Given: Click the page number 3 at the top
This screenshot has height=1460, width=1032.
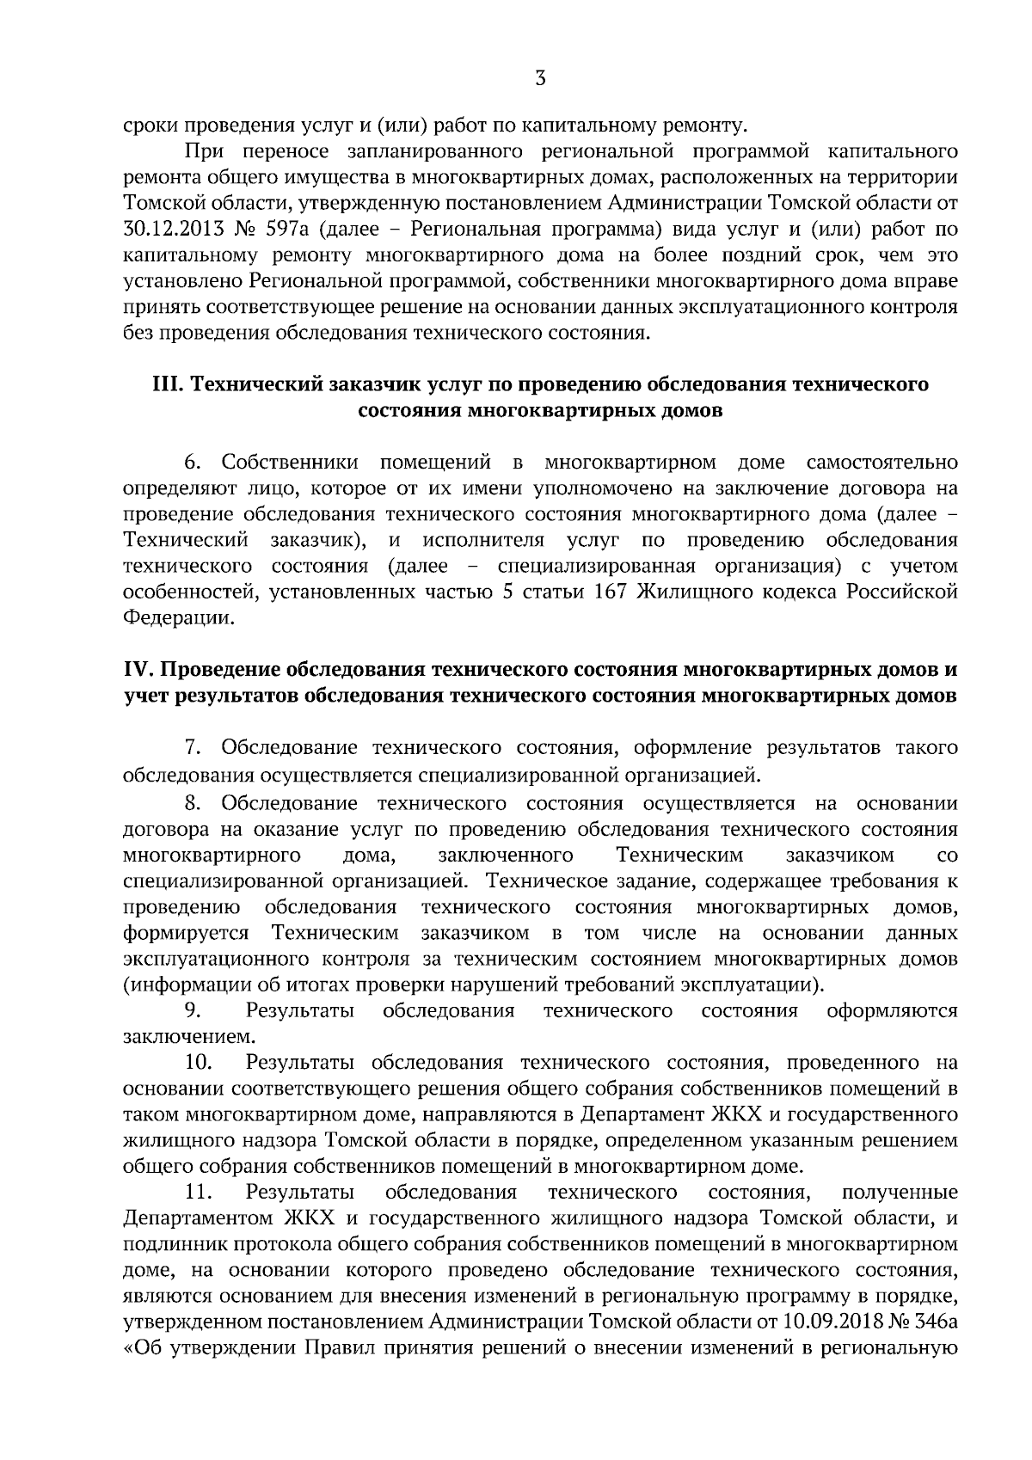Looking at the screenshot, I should [540, 79].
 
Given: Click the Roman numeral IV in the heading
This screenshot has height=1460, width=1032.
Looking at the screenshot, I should [138, 669].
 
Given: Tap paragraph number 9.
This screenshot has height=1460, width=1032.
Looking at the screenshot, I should [192, 1010].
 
